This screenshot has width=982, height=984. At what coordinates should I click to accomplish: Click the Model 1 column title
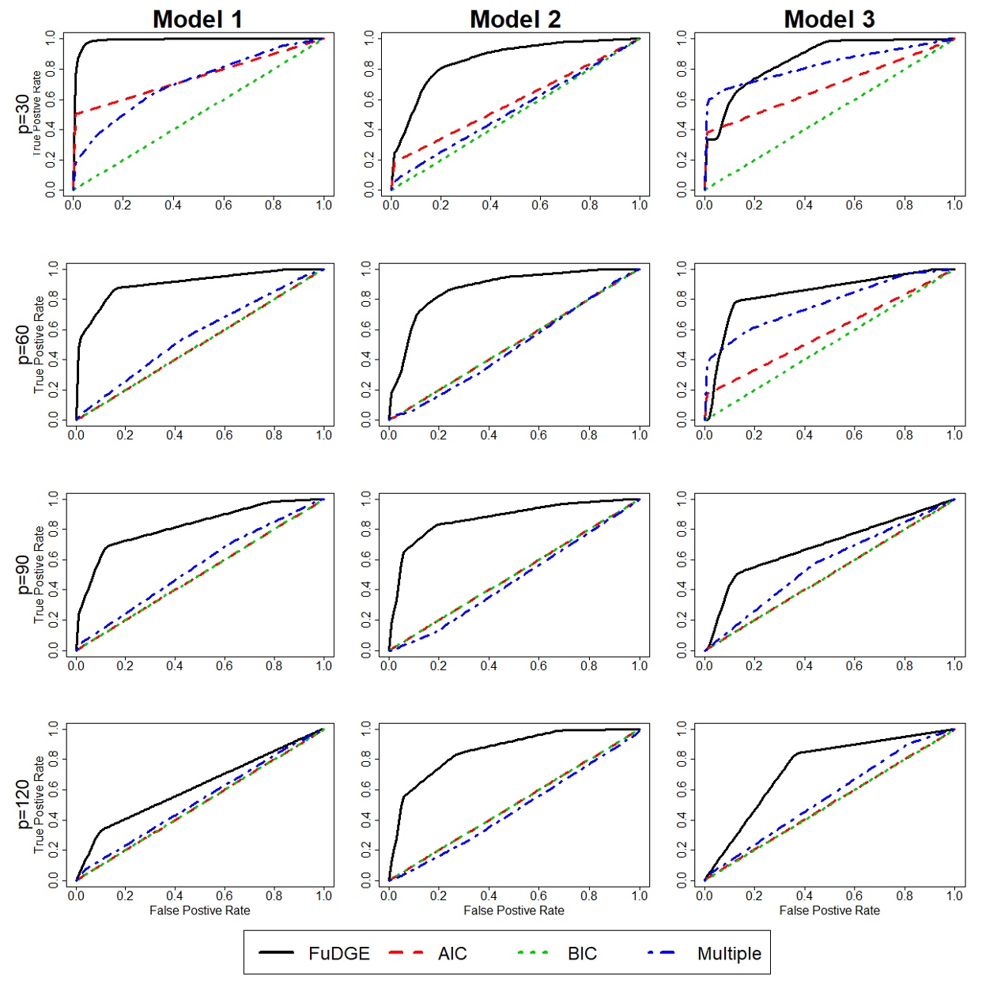(x=197, y=19)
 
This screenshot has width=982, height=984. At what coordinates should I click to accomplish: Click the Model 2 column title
(x=515, y=19)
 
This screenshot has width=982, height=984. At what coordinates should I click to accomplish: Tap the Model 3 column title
(x=829, y=19)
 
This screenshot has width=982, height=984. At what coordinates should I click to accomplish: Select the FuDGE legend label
(x=339, y=953)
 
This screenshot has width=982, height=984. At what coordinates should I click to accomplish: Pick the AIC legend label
(x=452, y=953)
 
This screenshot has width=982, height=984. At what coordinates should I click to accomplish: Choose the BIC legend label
(x=582, y=953)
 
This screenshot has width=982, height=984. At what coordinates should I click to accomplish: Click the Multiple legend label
(x=729, y=953)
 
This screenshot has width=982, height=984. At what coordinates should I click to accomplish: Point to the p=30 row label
(x=23, y=114)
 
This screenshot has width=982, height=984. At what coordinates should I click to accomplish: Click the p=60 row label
(x=23, y=344)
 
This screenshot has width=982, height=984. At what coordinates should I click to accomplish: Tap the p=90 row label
(x=23, y=575)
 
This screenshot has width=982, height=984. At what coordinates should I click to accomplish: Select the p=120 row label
(x=23, y=805)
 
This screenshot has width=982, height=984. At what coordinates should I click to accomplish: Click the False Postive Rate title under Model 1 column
(x=199, y=910)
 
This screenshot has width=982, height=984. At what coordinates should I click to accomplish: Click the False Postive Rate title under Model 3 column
(x=829, y=910)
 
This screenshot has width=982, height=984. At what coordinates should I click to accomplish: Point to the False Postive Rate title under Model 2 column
(x=514, y=910)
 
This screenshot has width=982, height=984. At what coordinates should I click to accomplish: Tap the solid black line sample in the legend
(x=276, y=953)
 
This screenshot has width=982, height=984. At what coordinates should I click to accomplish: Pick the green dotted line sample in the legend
(x=534, y=953)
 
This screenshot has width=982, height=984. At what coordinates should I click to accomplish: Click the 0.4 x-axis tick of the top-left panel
(x=173, y=205)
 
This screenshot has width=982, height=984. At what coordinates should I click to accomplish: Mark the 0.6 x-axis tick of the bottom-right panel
(x=854, y=895)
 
